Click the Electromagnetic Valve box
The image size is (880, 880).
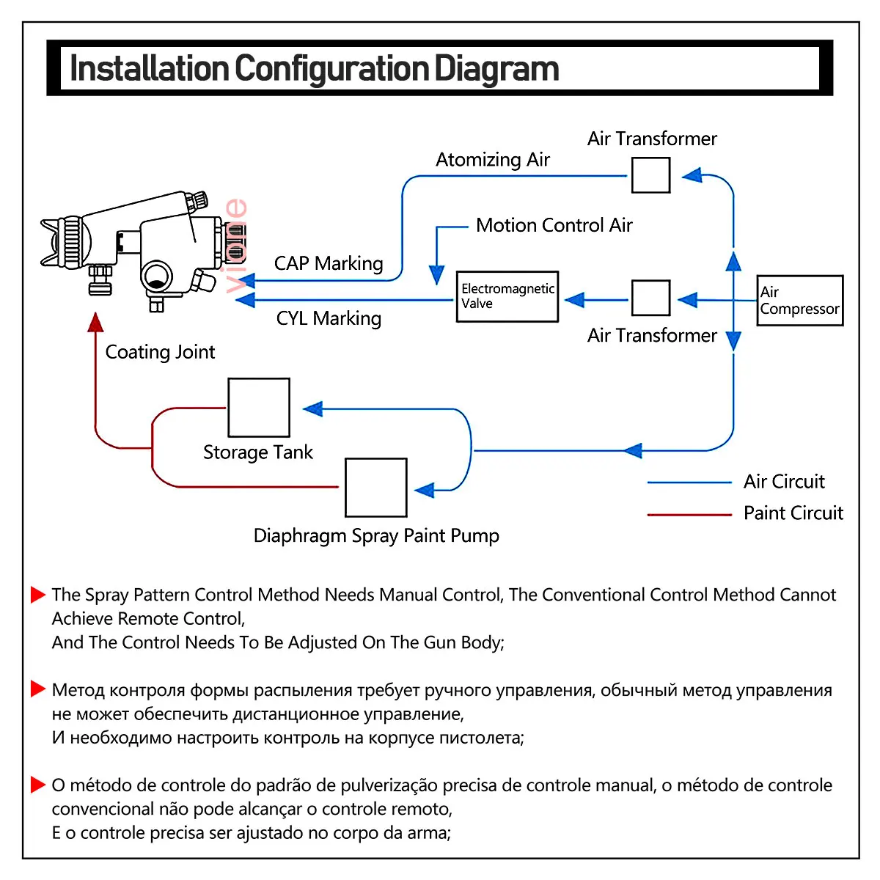click(x=507, y=296)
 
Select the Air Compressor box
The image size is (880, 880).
click(x=799, y=300)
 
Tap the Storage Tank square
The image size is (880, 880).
click(x=259, y=408)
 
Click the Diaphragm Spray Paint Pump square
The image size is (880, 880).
click(x=375, y=488)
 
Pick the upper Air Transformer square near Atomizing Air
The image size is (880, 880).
click(x=650, y=175)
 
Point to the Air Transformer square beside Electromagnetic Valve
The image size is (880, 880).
click(x=650, y=298)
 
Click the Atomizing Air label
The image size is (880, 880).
click(x=493, y=160)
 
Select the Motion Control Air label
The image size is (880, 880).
click(x=554, y=225)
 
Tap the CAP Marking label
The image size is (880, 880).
click(x=329, y=263)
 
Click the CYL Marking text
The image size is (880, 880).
click(x=329, y=318)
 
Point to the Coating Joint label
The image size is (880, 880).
click(x=160, y=352)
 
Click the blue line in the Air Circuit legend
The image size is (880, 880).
click(x=689, y=483)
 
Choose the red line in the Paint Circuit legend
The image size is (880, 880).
click(x=689, y=515)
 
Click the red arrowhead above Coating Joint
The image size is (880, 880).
click(x=95, y=323)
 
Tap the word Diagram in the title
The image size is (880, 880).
click(x=496, y=68)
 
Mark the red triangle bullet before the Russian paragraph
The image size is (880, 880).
click(x=38, y=689)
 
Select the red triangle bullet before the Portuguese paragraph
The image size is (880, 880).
click(x=38, y=785)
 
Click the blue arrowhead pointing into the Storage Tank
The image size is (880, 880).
click(x=313, y=409)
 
